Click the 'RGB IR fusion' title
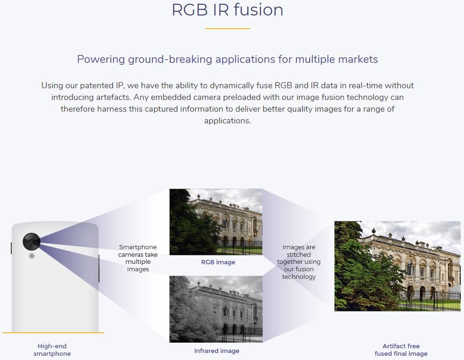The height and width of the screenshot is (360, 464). click(x=227, y=10)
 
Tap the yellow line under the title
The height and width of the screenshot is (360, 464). click(x=228, y=29)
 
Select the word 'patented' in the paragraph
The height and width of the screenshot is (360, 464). click(x=97, y=86)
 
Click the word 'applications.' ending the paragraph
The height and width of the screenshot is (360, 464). click(x=228, y=121)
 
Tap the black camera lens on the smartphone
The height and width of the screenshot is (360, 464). click(x=31, y=242)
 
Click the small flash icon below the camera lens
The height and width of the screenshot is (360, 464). click(x=31, y=256)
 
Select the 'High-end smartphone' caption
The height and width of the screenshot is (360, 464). click(x=52, y=350)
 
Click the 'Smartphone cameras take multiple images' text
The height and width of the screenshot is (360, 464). click(x=138, y=258)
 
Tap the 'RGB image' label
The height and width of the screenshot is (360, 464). click(x=218, y=262)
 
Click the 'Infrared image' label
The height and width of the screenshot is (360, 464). click(x=217, y=351)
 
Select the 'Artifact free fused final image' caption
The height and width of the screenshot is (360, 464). click(x=401, y=350)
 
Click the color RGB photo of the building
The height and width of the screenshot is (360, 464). click(x=216, y=222)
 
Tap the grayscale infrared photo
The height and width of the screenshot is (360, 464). click(x=216, y=309)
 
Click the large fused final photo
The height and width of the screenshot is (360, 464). click(x=397, y=266)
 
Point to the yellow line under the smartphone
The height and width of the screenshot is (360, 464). click(x=53, y=333)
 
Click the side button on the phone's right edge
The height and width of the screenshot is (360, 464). click(x=99, y=268)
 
